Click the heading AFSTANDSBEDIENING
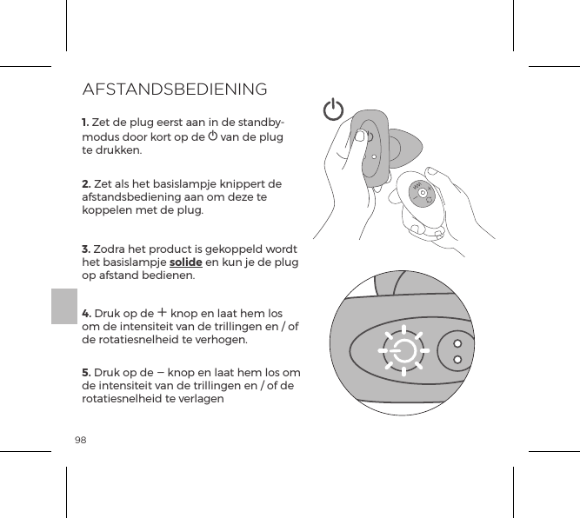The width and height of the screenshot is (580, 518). [x=174, y=90]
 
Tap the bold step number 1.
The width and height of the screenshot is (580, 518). [x=85, y=120]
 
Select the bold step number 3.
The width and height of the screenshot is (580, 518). [x=85, y=249]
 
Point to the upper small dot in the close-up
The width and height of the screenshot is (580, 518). [x=457, y=340]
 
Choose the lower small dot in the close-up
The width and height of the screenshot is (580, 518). [x=457, y=359]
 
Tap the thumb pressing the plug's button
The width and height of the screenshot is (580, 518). [x=360, y=136]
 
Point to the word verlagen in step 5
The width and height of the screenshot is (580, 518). [x=197, y=400]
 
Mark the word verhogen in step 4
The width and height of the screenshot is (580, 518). [x=222, y=339]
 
